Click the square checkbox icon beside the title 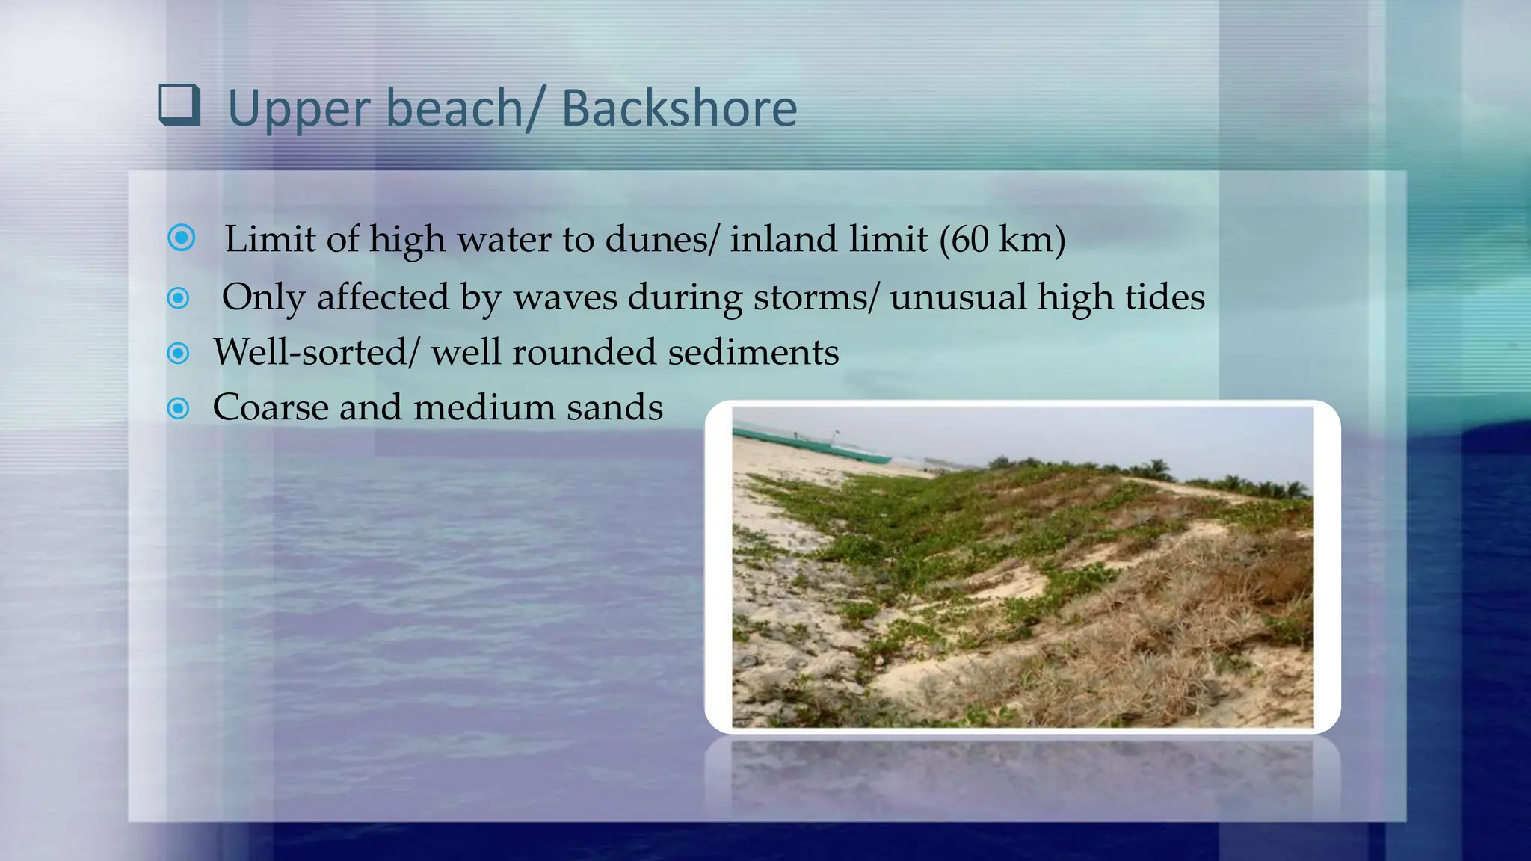pyautogui.click(x=179, y=105)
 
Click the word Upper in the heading pyautogui.click(x=300, y=109)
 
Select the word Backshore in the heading pyautogui.click(x=679, y=109)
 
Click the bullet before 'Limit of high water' pyautogui.click(x=182, y=238)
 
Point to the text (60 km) pyautogui.click(x=1002, y=240)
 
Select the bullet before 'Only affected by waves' pyautogui.click(x=179, y=298)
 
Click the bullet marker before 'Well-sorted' pyautogui.click(x=179, y=353)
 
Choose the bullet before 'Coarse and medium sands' pyautogui.click(x=179, y=408)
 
